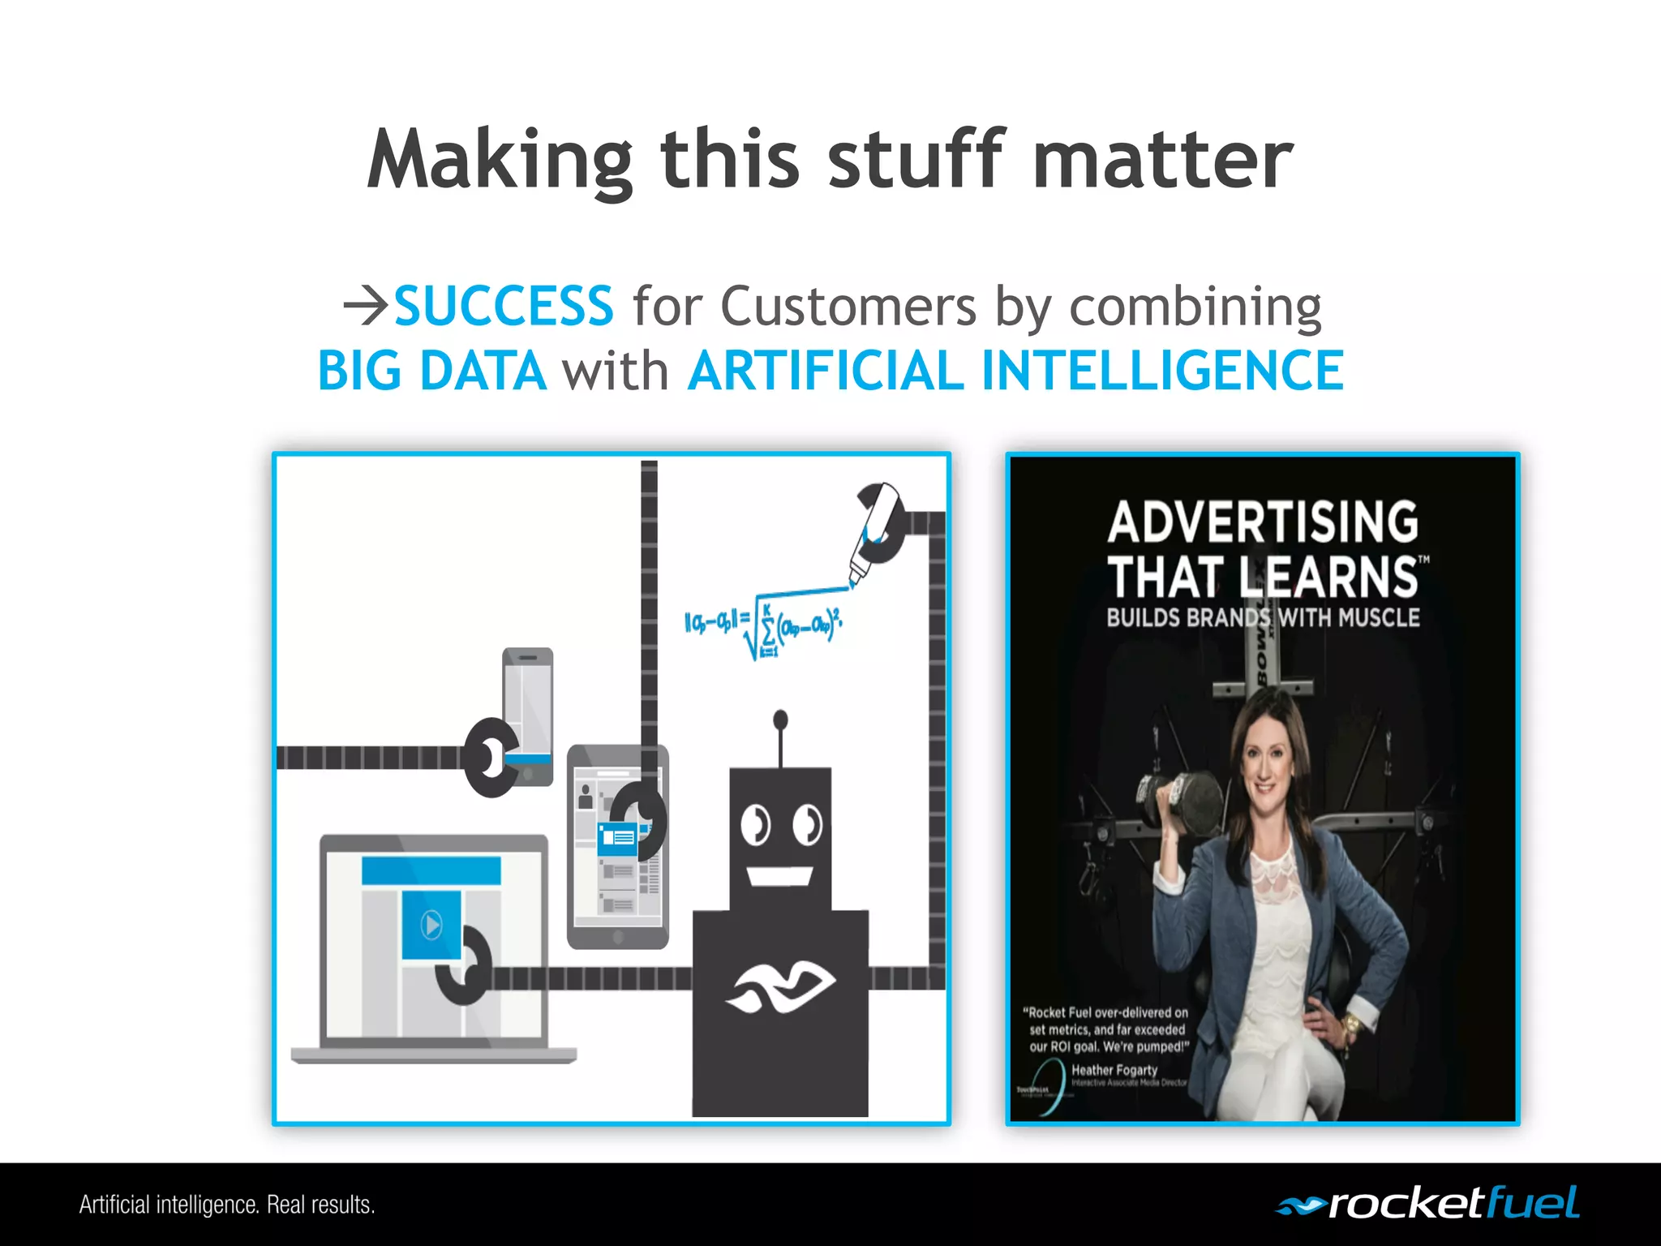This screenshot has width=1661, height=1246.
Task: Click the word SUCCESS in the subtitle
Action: pos(503,307)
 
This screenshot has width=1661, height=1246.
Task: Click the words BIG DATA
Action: pos(431,372)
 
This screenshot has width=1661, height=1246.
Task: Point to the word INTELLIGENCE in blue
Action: pos(1162,372)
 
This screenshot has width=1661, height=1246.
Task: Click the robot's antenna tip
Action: pos(780,719)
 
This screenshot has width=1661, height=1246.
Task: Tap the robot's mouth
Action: pos(779,876)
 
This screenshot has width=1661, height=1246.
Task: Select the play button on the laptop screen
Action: pos(431,924)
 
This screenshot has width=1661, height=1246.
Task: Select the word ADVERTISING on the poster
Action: pos(1263,521)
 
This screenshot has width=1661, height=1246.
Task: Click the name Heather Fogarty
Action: pos(1114,1070)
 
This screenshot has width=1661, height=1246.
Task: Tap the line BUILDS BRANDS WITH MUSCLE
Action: pos(1263,618)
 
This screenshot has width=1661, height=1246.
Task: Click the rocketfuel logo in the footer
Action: pos(1427,1204)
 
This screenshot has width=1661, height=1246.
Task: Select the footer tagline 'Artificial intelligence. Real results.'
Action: pos(227,1205)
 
